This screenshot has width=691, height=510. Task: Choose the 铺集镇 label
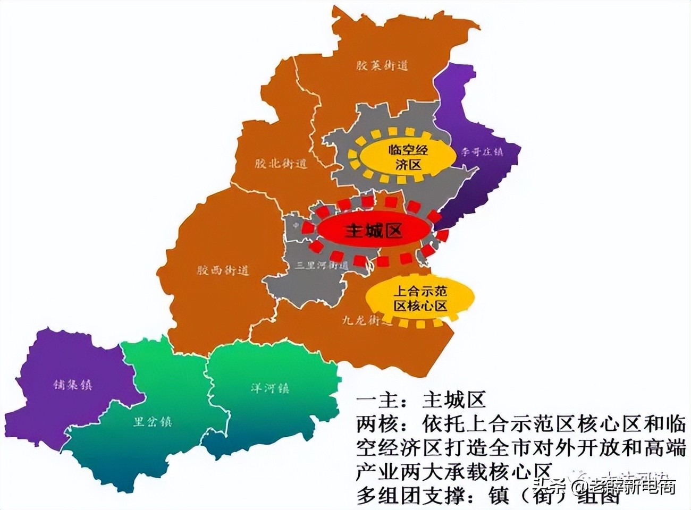coord(72,384)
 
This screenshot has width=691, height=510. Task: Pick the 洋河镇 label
coord(270,388)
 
